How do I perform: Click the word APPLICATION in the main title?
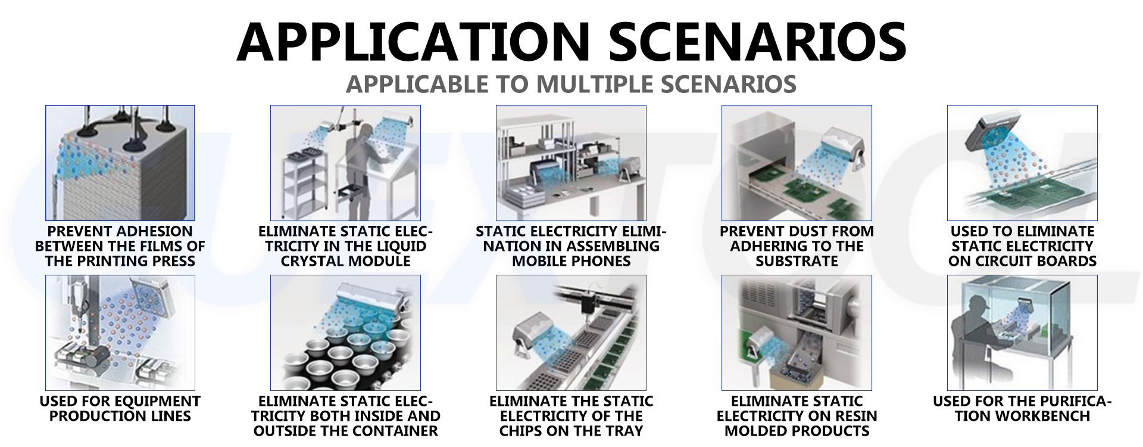pyautogui.click(x=413, y=42)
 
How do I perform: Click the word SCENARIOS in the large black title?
pyautogui.click(x=757, y=42)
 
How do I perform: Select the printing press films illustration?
pyautogui.click(x=120, y=163)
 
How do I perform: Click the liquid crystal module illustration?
pyautogui.click(x=345, y=163)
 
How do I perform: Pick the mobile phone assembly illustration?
pyautogui.click(x=571, y=163)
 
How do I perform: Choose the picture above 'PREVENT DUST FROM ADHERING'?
pyautogui.click(x=797, y=163)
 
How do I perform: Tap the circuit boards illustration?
pyautogui.click(x=1022, y=163)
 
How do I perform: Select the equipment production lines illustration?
pyautogui.click(x=120, y=333)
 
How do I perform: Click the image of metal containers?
pyautogui.click(x=345, y=333)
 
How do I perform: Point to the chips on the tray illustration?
pyautogui.click(x=571, y=333)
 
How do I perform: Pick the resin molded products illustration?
pyautogui.click(x=797, y=333)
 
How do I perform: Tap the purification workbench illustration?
pyautogui.click(x=1022, y=333)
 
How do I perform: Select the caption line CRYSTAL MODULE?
pyautogui.click(x=346, y=261)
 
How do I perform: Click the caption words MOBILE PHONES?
pyautogui.click(x=571, y=261)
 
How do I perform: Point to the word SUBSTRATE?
pyautogui.click(x=797, y=261)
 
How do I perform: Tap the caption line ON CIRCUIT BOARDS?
pyautogui.click(x=1023, y=261)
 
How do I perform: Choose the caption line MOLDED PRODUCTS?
pyautogui.click(x=797, y=431)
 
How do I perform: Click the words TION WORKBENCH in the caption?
pyautogui.click(x=1023, y=416)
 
